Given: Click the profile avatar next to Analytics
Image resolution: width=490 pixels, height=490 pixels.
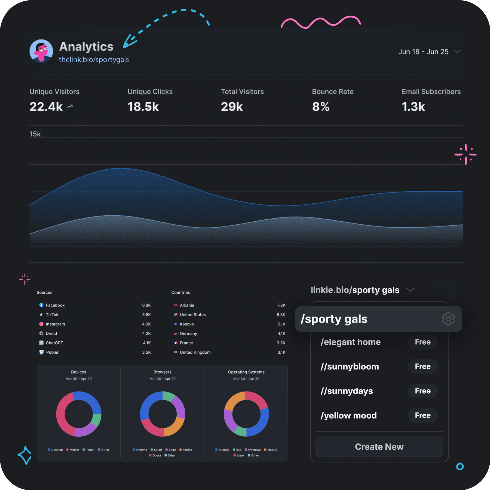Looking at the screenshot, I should tap(41, 51).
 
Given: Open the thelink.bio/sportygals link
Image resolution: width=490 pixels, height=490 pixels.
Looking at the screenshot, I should tap(94, 60).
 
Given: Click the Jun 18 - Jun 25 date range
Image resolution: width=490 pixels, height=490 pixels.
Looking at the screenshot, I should tap(423, 52).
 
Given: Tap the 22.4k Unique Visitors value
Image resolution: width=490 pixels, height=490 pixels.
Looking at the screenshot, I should tap(46, 107).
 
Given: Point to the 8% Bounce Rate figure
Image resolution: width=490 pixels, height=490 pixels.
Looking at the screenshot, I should tap(321, 107).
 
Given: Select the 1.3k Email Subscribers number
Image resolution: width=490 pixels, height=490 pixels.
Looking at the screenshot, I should tap(413, 107).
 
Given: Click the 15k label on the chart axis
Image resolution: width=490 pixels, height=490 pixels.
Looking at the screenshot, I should tap(35, 134).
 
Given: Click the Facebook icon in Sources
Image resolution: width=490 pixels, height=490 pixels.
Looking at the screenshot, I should tap(41, 305).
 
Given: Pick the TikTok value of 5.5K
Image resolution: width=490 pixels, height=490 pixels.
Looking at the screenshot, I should tap(146, 315).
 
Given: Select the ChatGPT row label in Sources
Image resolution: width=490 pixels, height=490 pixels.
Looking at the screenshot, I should tap(54, 343).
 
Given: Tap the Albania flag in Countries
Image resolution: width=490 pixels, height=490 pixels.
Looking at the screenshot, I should tap(176, 305).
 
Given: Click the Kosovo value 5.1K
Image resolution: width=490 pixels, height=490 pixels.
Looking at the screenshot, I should tap(281, 324).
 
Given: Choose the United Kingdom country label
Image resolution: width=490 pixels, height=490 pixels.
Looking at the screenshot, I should tap(195, 352).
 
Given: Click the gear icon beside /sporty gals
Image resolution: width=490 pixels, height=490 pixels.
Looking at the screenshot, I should tap(448, 319).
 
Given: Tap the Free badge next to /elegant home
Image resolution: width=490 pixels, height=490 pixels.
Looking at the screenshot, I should tap(422, 342).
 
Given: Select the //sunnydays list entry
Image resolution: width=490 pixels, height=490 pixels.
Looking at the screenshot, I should tap(347, 391).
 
